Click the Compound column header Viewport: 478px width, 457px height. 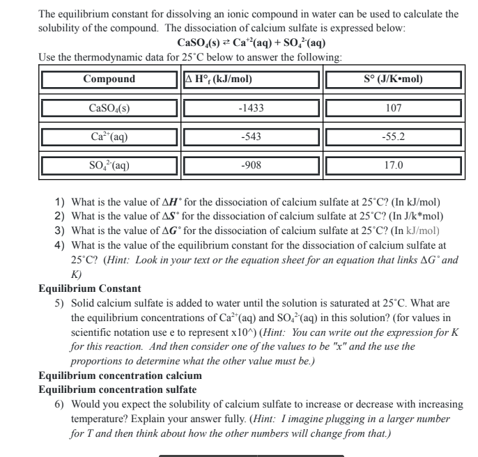(x=109, y=79)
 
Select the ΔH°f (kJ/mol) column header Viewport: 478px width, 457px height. (x=217, y=79)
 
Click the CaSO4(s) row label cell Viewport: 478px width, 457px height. (x=109, y=108)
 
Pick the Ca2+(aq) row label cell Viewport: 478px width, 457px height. (x=109, y=137)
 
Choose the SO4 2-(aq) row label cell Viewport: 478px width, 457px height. (x=109, y=166)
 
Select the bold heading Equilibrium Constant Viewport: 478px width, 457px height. (x=90, y=288)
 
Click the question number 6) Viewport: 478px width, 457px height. (x=60, y=402)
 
